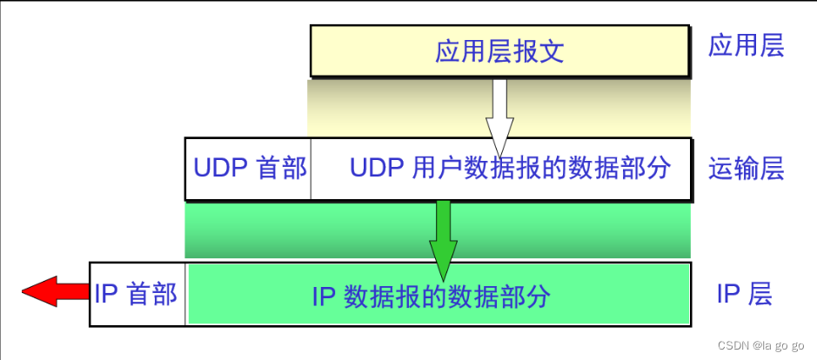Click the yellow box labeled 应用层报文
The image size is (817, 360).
[x=499, y=51]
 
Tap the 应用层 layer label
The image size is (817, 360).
[x=746, y=46]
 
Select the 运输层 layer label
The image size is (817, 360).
[x=746, y=169]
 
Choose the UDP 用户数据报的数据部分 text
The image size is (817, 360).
[x=510, y=168]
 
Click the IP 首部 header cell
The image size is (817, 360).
[x=136, y=294]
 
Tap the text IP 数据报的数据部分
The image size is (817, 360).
[x=431, y=296]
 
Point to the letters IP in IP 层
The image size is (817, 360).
[x=728, y=295]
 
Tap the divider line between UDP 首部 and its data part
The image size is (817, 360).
[x=310, y=169]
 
